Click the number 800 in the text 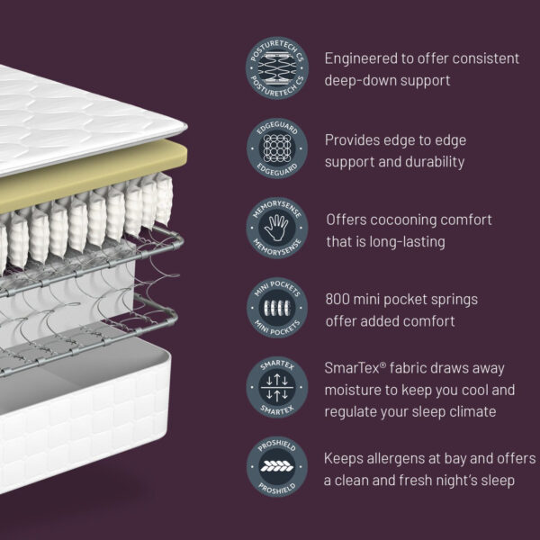click(x=340, y=299)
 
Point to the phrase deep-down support click(x=387, y=81)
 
